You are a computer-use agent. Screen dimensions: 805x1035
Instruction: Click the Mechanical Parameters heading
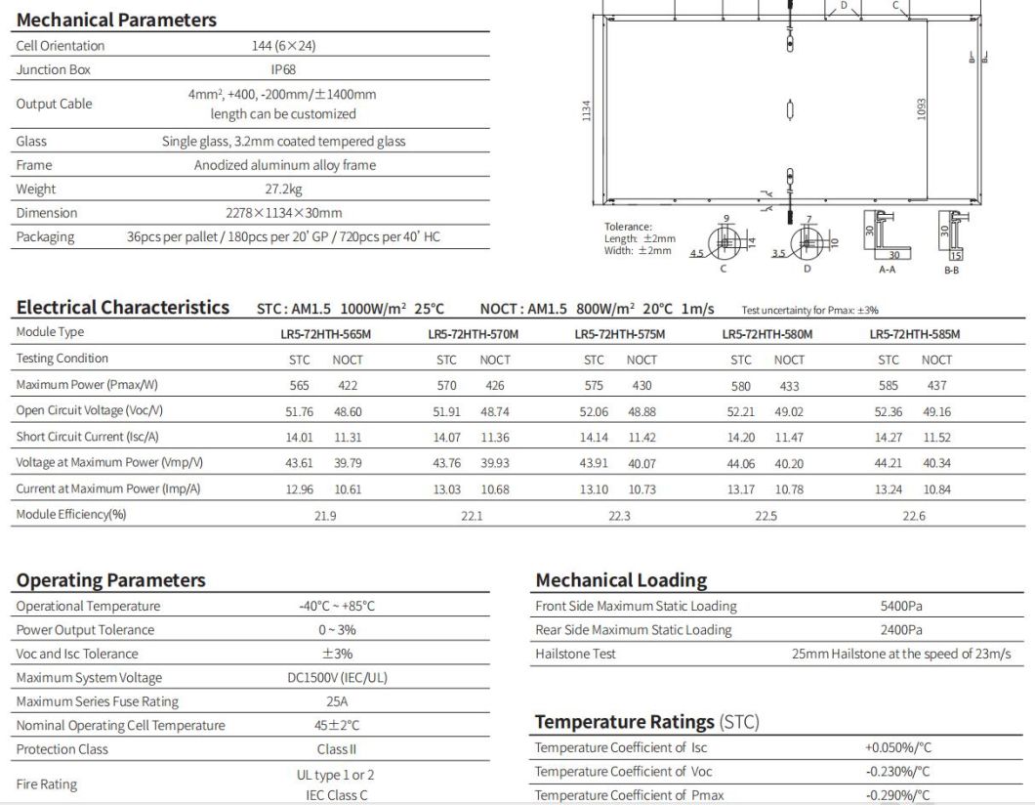[116, 20]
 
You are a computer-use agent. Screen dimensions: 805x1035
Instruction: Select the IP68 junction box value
[283, 69]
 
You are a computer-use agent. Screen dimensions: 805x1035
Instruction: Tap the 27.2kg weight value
[283, 189]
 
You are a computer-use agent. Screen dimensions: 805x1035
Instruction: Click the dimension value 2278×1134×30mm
[283, 212]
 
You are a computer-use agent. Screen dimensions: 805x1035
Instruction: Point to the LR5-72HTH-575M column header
[619, 333]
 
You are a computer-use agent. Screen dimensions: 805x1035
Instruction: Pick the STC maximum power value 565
[299, 386]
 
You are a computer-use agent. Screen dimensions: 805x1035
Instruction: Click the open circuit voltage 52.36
[889, 411]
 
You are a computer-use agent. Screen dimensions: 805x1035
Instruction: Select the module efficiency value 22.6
[913, 515]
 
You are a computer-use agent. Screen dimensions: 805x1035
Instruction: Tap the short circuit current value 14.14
[594, 437]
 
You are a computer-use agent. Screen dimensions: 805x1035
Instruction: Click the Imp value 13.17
[741, 489]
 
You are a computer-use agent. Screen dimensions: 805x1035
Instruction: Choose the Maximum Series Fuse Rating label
[98, 701]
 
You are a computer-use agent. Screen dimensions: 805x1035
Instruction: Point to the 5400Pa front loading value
[900, 606]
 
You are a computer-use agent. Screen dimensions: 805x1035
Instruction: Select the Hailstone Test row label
[575, 654]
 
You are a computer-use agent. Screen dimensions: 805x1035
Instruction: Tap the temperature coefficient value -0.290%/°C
[898, 795]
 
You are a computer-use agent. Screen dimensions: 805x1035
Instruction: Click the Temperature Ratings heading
[646, 722]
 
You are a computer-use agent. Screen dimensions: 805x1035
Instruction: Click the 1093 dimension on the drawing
[921, 109]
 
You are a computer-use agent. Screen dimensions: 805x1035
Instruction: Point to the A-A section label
[887, 268]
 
